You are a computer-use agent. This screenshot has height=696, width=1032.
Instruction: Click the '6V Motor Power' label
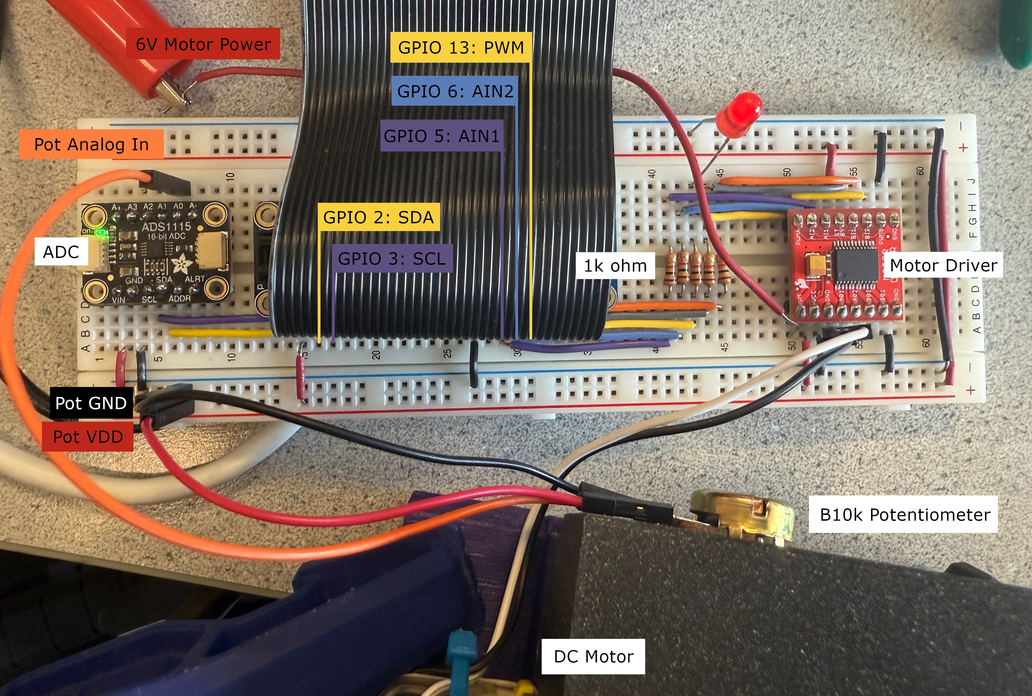[203, 44]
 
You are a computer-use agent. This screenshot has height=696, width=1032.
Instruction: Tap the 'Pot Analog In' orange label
[91, 144]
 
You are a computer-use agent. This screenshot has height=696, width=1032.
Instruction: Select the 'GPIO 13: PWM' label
[460, 47]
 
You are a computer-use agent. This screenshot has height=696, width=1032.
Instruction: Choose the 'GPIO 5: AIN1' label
[441, 136]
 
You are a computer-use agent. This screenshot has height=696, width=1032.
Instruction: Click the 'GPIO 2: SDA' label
[378, 217]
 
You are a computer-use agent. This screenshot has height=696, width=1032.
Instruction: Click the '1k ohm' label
[615, 265]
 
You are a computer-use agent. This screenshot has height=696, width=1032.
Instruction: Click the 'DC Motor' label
[593, 656]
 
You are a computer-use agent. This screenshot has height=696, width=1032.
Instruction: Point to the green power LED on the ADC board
[104, 232]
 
